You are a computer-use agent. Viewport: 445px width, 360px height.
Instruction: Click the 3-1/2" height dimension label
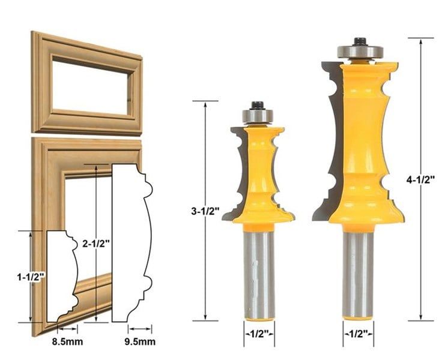(x=206, y=211)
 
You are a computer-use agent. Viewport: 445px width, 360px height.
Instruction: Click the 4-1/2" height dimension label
(x=420, y=179)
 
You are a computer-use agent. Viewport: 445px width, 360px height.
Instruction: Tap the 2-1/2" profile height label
(x=95, y=243)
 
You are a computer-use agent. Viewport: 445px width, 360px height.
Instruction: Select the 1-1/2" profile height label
(x=31, y=277)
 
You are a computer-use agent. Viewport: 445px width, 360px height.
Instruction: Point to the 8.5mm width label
(x=67, y=341)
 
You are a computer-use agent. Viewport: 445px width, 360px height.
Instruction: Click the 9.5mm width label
(x=140, y=341)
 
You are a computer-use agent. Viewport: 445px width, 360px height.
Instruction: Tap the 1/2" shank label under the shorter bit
(x=259, y=334)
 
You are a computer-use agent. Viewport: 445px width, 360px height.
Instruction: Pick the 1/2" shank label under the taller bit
(x=358, y=334)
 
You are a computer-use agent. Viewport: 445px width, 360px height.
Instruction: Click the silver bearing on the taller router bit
(x=360, y=52)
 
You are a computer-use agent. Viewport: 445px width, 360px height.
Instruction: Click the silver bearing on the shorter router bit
(x=258, y=116)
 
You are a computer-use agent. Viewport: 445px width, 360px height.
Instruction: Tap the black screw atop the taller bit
(x=360, y=41)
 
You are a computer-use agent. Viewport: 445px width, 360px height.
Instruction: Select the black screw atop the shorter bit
(x=258, y=106)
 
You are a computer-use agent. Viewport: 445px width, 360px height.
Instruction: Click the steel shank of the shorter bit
(x=259, y=272)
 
